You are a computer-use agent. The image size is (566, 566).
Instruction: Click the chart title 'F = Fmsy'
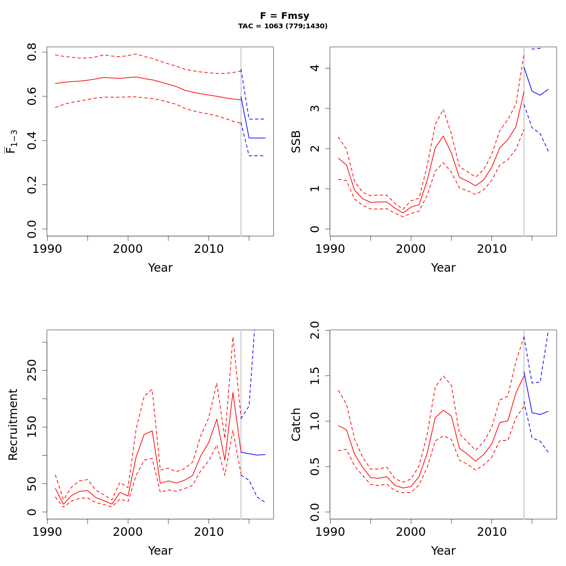pyautogui.click(x=284, y=16)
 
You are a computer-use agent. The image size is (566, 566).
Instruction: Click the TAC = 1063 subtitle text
pyautogui.click(x=283, y=26)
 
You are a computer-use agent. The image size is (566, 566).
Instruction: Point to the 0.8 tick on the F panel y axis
pyautogui.click(x=32, y=52)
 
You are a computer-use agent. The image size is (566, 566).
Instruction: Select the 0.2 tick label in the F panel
pyautogui.click(x=32, y=185)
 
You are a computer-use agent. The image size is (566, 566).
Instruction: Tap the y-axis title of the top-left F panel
pyautogui.click(x=11, y=141)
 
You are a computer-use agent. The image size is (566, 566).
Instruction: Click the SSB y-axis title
pyautogui.click(x=296, y=141)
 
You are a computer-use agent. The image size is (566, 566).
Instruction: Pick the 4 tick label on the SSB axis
pyautogui.click(x=315, y=68)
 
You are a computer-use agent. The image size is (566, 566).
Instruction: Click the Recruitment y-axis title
pyautogui.click(x=13, y=424)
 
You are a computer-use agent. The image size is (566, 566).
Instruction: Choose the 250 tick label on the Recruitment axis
pyautogui.click(x=32, y=370)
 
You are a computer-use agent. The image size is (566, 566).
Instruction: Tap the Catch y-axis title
pyautogui.click(x=296, y=424)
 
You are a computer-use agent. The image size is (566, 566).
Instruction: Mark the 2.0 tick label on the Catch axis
pyautogui.click(x=315, y=331)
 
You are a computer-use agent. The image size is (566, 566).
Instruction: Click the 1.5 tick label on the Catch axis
pyautogui.click(x=315, y=376)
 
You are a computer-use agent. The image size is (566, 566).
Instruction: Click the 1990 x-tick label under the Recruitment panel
pyautogui.click(x=47, y=532)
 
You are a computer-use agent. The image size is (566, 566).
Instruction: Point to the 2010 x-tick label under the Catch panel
pyautogui.click(x=491, y=532)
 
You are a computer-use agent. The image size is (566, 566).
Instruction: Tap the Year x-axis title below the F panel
pyautogui.click(x=160, y=268)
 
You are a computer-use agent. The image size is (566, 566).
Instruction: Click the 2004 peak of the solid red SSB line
pyautogui.click(x=443, y=136)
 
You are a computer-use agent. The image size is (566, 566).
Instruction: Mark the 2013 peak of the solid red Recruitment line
pyautogui.click(x=233, y=392)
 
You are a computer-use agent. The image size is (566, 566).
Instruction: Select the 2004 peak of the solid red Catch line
pyautogui.click(x=443, y=410)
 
